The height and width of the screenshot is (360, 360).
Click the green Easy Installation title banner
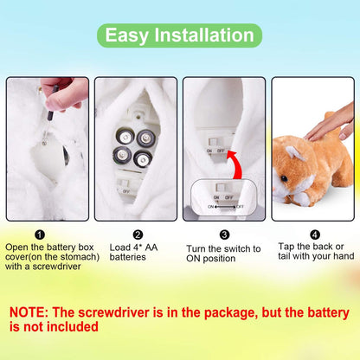180,35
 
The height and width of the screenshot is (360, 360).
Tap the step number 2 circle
138,234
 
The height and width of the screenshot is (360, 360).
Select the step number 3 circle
224,234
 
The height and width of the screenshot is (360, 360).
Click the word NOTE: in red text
34,312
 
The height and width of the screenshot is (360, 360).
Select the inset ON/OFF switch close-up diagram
225,196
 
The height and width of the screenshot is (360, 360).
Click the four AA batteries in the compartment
133,145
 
